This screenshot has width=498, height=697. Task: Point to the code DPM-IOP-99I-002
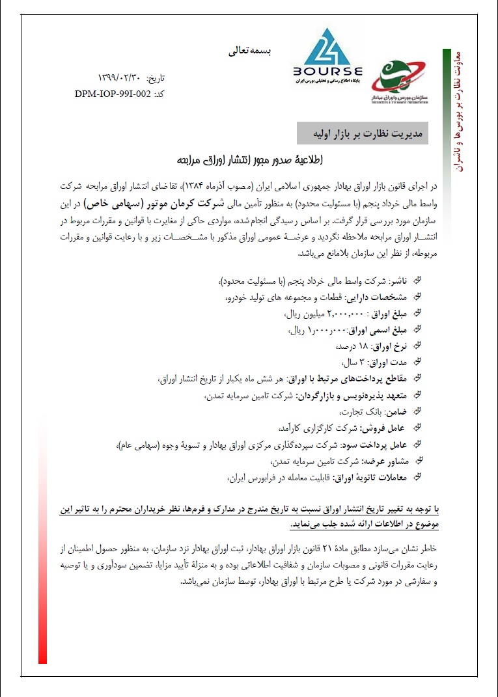(x=113, y=93)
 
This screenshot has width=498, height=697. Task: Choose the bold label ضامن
(x=398, y=411)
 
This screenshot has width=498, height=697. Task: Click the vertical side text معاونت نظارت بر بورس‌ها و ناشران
(x=454, y=111)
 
